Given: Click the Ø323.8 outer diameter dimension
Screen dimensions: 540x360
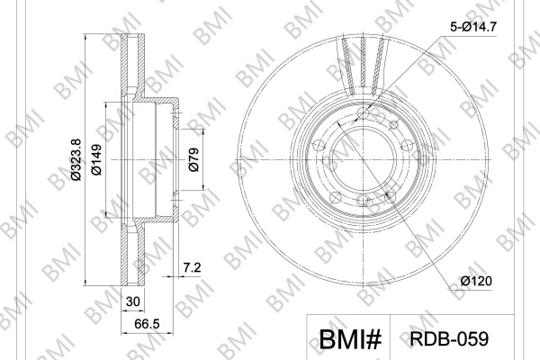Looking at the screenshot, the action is [x=76, y=159].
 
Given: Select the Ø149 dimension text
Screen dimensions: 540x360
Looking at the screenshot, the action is [x=97, y=159].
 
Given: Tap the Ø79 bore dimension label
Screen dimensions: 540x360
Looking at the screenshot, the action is [x=193, y=159].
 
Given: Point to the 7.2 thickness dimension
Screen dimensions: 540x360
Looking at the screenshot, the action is [x=192, y=267].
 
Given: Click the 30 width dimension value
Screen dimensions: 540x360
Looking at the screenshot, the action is [x=133, y=301].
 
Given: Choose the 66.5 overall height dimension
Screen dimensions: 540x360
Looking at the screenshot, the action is [x=147, y=324].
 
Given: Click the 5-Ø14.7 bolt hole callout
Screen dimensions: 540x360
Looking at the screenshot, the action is [x=473, y=26].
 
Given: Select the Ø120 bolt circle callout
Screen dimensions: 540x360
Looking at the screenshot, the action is [x=476, y=281].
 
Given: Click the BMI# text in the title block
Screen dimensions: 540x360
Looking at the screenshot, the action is [x=351, y=339].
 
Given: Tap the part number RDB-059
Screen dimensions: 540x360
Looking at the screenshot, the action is [x=449, y=338].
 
